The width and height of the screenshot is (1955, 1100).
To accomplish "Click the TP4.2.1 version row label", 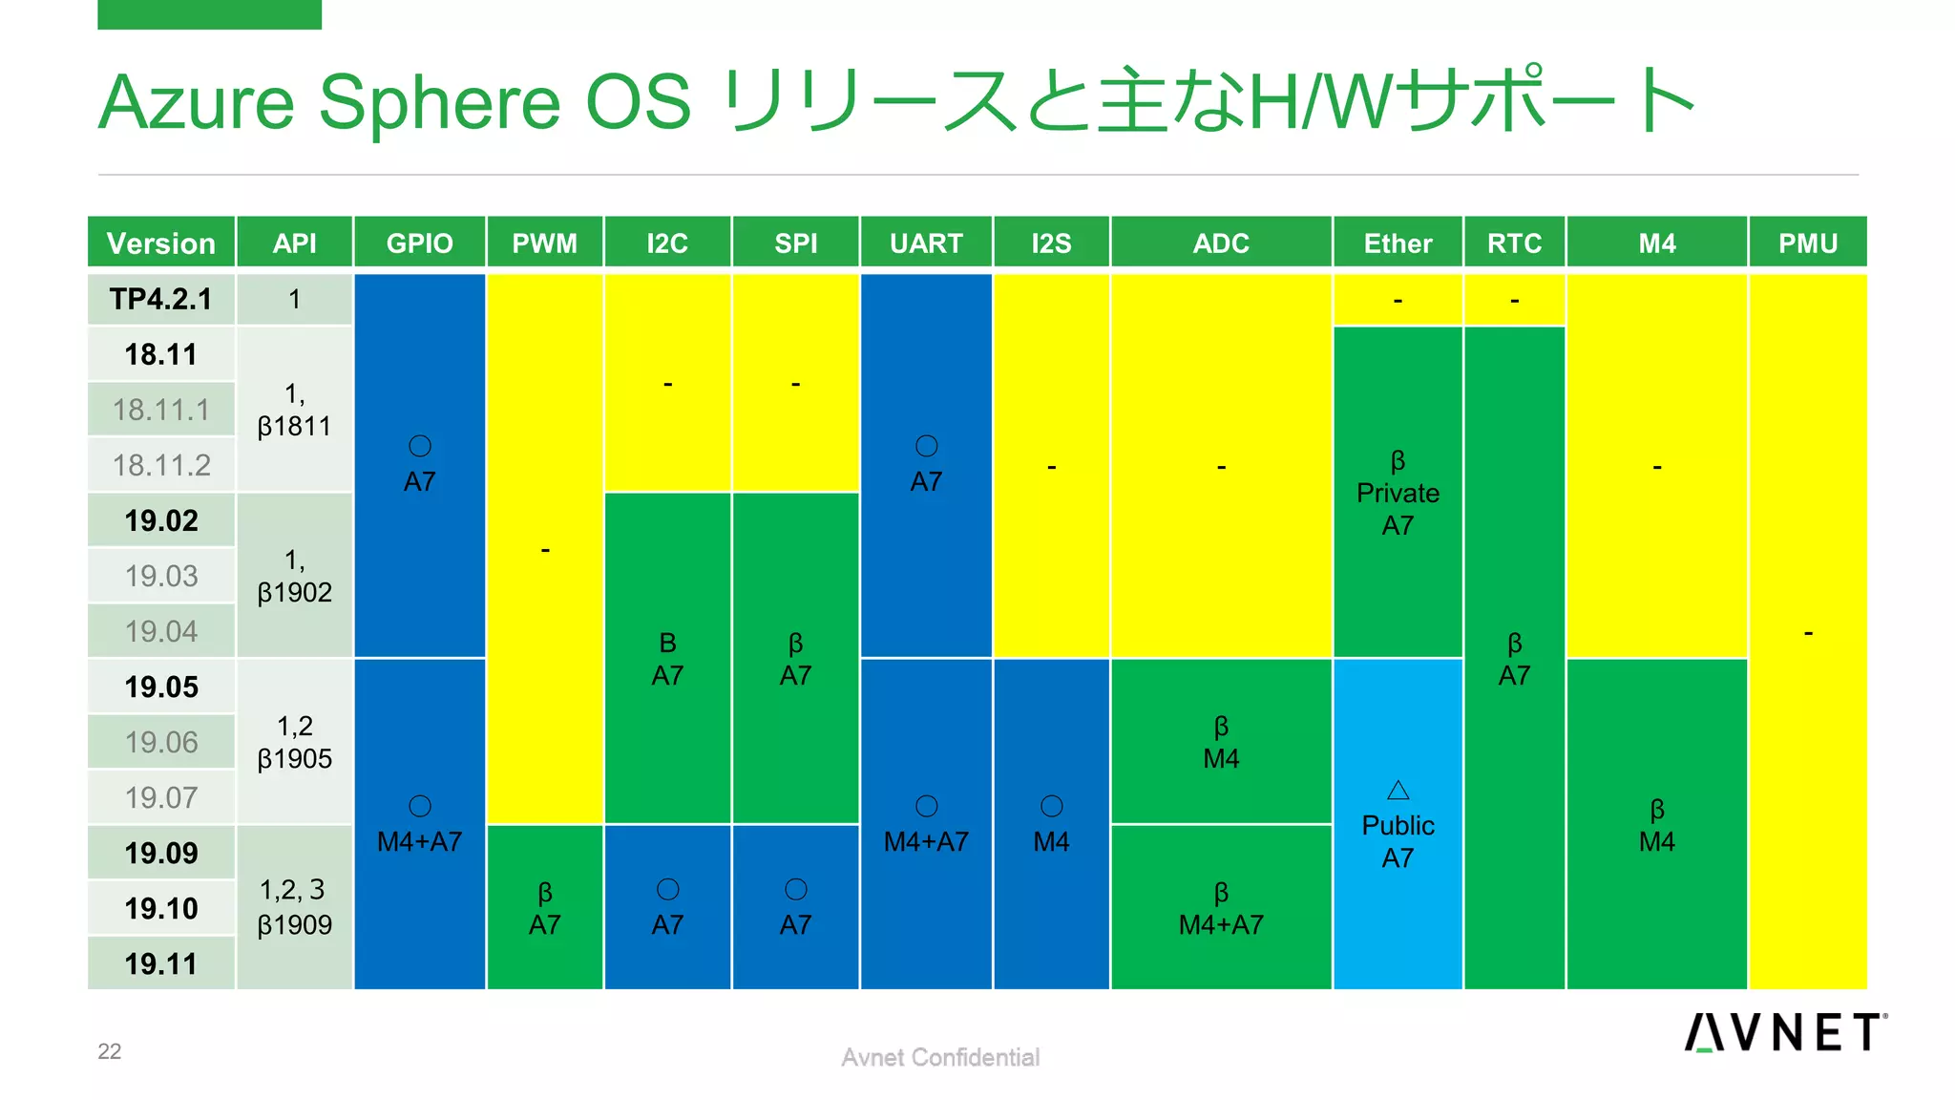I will pyautogui.click(x=160, y=299).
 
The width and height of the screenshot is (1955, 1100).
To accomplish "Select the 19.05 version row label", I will pyautogui.click(x=160, y=687).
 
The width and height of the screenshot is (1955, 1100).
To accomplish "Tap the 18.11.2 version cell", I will pyautogui.click(x=160, y=465).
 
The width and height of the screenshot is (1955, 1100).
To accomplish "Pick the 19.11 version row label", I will pyautogui.click(x=160, y=963).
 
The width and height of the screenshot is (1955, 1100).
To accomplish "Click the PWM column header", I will pyautogui.click(x=544, y=243).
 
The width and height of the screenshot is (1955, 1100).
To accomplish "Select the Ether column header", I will pyautogui.click(x=1397, y=243).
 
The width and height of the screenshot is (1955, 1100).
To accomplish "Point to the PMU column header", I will pyautogui.click(x=1807, y=243).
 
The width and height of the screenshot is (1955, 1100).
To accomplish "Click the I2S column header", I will pyautogui.click(x=1051, y=243).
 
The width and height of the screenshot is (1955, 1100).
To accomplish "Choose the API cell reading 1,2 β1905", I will pyautogui.click(x=294, y=742).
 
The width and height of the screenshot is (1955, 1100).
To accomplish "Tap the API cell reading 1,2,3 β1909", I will pyautogui.click(x=294, y=907).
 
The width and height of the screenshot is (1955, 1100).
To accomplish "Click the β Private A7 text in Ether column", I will pyautogui.click(x=1398, y=493).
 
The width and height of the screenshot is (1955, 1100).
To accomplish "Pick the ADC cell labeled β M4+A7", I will pyautogui.click(x=1221, y=908).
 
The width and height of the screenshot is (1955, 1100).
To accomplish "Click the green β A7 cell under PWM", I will pyautogui.click(x=544, y=908).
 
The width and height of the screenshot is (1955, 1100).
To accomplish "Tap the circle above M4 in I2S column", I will pyautogui.click(x=1051, y=806).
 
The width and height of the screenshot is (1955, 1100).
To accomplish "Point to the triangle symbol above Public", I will pyautogui.click(x=1398, y=790).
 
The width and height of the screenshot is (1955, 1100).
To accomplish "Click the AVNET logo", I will pyautogui.click(x=1783, y=1032).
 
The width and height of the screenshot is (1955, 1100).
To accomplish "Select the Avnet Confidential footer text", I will pyautogui.click(x=939, y=1057).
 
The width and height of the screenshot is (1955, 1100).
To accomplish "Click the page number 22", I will pyautogui.click(x=110, y=1051).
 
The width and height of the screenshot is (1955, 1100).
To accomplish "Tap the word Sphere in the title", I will pyautogui.click(x=439, y=102).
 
